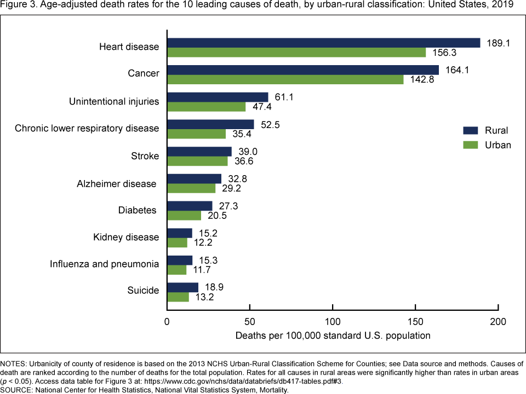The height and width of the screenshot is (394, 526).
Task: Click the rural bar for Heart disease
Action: click(323, 43)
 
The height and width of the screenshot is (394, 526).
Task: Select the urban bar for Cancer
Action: click(285, 79)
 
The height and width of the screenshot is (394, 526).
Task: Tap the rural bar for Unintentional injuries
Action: click(218, 97)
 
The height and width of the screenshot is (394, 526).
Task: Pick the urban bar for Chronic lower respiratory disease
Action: click(196, 134)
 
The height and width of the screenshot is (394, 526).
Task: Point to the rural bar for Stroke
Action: click(199, 152)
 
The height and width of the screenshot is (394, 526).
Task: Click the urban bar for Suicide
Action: click(178, 297)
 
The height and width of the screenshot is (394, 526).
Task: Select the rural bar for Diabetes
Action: click(190, 206)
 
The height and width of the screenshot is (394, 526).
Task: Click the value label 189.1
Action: click(498, 43)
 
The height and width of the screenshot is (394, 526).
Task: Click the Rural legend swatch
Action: click(471, 131)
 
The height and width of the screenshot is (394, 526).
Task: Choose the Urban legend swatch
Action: click(471, 145)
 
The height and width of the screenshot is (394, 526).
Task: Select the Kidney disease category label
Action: click(126, 237)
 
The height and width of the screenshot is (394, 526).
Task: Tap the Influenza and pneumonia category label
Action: click(105, 264)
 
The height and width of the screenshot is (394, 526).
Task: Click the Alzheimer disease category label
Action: click(117, 183)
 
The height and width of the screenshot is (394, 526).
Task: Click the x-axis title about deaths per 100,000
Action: click(333, 335)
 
